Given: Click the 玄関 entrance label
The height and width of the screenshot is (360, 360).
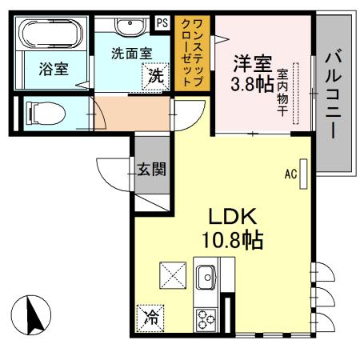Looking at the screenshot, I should coord(150,169).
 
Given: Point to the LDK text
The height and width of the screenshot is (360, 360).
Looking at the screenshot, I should coord(232,216).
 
